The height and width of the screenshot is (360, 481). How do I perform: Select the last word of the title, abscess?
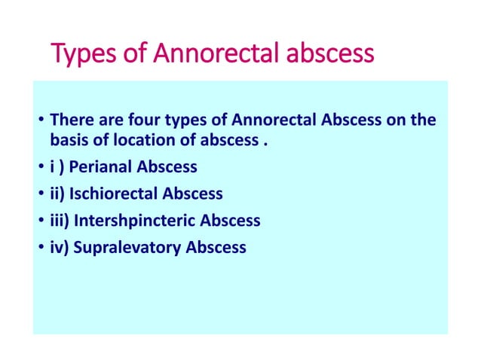(x=332, y=55)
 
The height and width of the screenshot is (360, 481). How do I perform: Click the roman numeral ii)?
(x=57, y=194)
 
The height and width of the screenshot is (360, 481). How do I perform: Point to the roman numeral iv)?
(x=59, y=247)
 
